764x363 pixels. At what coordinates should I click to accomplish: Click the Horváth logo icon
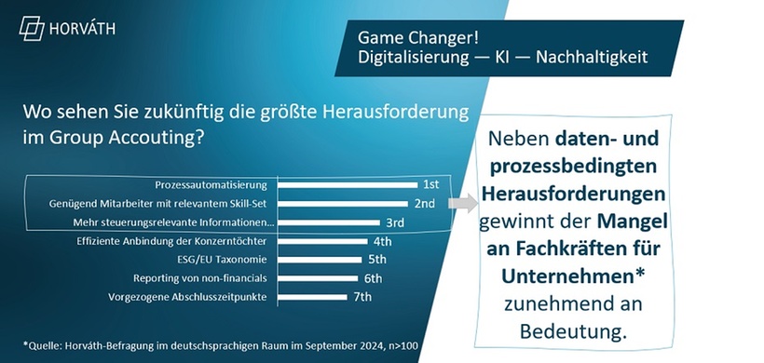click(x=33, y=28)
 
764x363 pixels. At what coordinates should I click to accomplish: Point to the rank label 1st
click(x=430, y=184)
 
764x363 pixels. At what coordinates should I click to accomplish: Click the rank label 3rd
click(x=395, y=222)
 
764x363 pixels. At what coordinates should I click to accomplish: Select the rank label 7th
click(x=362, y=297)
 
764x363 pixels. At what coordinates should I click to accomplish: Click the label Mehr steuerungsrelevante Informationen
click(x=173, y=222)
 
